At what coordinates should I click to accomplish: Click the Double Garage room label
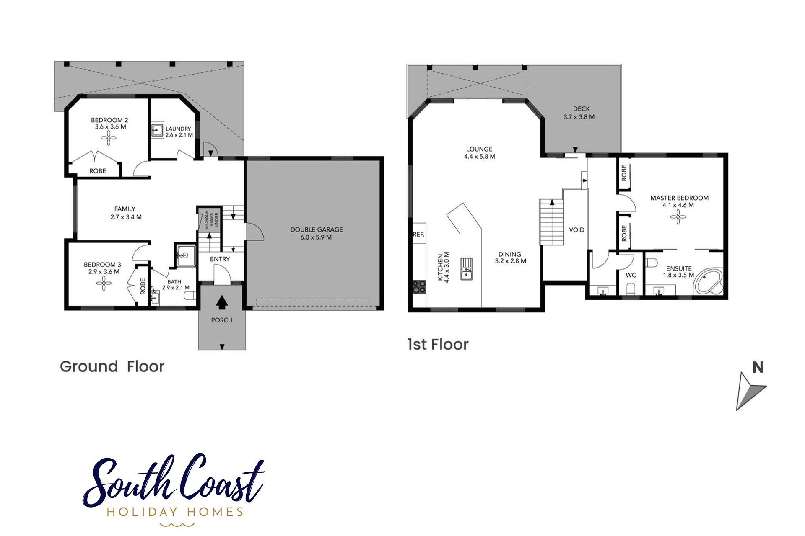click(x=317, y=233)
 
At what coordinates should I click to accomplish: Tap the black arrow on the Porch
click(x=222, y=301)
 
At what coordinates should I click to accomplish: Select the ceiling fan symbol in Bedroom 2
click(x=109, y=138)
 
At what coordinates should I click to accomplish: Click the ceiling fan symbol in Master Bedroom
click(x=678, y=217)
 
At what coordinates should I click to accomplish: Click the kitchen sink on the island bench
click(x=466, y=268)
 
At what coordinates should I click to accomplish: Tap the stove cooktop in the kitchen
click(x=419, y=287)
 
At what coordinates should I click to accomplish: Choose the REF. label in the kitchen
click(x=418, y=234)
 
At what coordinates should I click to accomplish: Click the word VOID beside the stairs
click(x=576, y=230)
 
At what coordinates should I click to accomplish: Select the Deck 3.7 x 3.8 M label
click(x=579, y=113)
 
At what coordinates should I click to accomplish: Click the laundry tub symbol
click(x=157, y=130)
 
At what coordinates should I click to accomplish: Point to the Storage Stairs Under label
click(x=211, y=220)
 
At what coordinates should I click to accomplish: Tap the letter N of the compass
click(x=758, y=367)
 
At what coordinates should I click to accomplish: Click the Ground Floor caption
click(x=112, y=367)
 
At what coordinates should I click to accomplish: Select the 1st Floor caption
click(x=438, y=345)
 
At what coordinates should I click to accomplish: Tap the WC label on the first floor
click(x=631, y=275)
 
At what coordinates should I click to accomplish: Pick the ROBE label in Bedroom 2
click(x=98, y=171)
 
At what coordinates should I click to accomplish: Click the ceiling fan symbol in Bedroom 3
click(x=104, y=283)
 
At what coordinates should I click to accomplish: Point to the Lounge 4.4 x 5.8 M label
click(x=479, y=153)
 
